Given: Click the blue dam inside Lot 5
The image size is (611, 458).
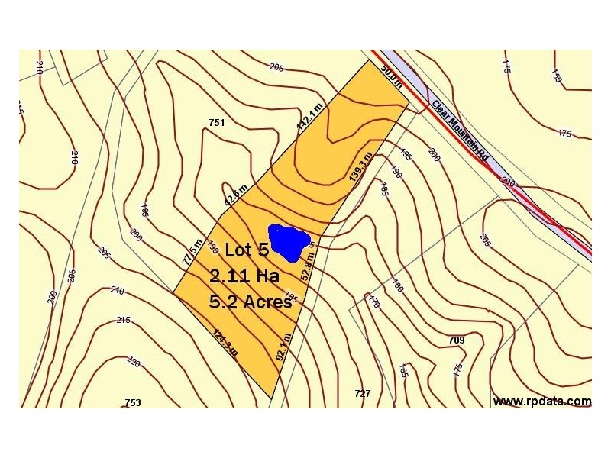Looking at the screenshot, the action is click(289, 240).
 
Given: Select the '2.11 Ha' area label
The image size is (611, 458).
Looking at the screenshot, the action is click(244, 275).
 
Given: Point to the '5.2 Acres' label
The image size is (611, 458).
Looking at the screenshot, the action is click(251, 301).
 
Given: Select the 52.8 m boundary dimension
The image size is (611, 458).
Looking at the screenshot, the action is click(309, 269).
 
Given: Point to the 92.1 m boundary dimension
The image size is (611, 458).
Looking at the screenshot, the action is click(283, 345).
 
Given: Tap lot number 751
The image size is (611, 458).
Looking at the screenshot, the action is click(216, 122).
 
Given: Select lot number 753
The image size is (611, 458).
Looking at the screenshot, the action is click(133, 402).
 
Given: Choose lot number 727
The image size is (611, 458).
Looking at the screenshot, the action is click(363, 393).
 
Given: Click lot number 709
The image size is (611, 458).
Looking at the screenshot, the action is click(457, 340).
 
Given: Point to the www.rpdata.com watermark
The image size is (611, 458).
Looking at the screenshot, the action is click(541, 401).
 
